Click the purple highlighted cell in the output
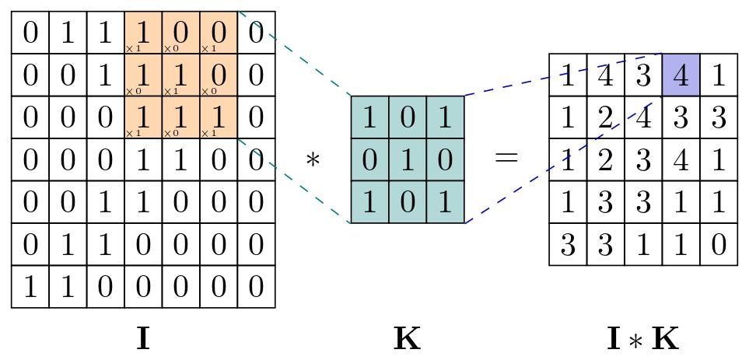(681, 75)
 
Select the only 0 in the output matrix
(718, 244)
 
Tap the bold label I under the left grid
(143, 339)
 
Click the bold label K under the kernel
(407, 339)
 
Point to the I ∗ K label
(642, 339)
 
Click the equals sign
(506, 159)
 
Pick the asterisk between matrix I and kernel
(313, 160)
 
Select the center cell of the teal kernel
(407, 159)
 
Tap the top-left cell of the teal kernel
(369, 117)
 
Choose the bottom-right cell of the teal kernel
(445, 202)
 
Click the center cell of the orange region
(180, 75)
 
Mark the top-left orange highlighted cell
(143, 33)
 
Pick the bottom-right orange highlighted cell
(219, 117)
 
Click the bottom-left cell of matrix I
(30, 287)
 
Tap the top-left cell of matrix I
(30, 33)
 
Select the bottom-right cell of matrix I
(256, 287)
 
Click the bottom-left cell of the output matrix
(568, 244)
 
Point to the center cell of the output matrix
(643, 159)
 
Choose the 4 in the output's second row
(643, 117)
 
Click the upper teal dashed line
(296, 54)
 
